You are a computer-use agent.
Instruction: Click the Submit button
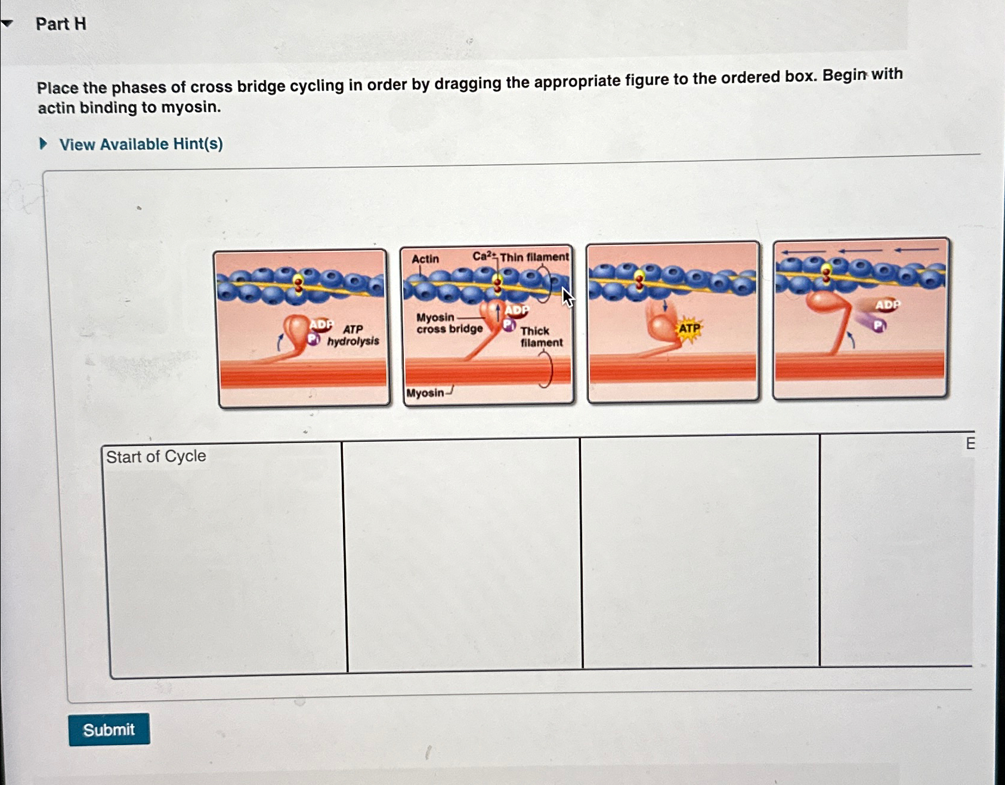[109, 729]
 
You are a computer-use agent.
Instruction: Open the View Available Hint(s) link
[141, 144]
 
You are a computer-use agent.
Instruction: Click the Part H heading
[61, 24]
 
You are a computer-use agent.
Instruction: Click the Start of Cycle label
[156, 457]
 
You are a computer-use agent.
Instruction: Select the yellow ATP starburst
[689, 328]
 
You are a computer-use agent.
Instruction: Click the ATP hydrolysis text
[353, 335]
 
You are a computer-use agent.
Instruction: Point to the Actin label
[425, 259]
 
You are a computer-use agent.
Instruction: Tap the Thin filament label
[534, 257]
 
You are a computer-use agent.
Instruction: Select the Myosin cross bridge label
[449, 323]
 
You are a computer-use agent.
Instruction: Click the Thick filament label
[540, 337]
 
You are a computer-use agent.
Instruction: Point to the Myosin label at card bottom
[425, 393]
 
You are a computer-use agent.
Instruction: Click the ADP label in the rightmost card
[888, 305]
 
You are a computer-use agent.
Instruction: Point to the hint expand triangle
[43, 144]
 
